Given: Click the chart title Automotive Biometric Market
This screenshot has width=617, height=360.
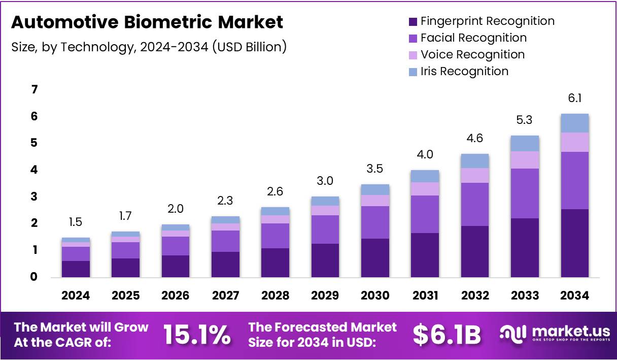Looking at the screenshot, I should [x=147, y=23].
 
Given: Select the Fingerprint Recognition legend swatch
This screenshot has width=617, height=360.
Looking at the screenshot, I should [x=413, y=22].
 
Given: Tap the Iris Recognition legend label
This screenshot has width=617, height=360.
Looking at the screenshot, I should [x=464, y=71].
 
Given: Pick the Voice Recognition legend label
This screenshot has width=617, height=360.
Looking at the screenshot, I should [x=472, y=54].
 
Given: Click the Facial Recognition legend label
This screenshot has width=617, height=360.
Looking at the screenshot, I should [x=473, y=38].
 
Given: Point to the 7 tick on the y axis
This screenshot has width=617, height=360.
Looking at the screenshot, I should [x=35, y=90].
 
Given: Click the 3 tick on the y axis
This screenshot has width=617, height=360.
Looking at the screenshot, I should [x=35, y=197].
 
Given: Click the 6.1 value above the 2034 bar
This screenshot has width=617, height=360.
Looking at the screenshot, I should [x=574, y=98].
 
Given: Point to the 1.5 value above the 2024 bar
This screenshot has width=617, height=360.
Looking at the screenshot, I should [x=76, y=222].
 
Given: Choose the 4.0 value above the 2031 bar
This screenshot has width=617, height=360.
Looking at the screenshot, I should [x=425, y=154].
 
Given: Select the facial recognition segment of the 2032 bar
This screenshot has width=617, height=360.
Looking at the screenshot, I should [x=474, y=204].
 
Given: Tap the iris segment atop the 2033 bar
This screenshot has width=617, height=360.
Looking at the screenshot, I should [x=525, y=143].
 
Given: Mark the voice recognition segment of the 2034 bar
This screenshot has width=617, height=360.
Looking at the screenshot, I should [x=574, y=142].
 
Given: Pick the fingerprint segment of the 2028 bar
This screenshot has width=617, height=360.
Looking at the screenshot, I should [x=275, y=263].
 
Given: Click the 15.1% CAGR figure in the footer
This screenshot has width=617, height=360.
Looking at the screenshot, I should [x=197, y=335].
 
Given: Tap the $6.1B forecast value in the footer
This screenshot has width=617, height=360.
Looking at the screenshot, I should [x=447, y=335].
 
